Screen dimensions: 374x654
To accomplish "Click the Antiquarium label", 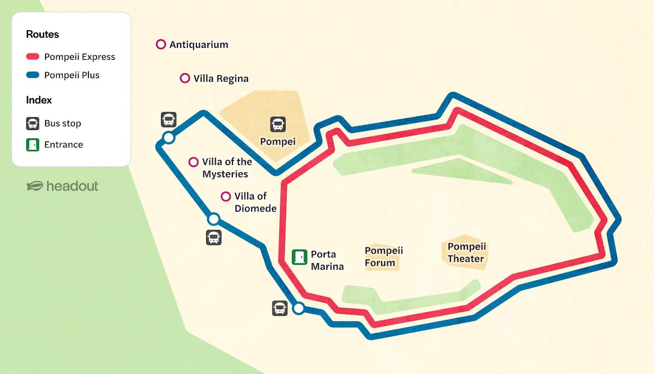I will tap(199, 45).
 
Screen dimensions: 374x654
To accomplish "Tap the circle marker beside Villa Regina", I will tap(185, 78).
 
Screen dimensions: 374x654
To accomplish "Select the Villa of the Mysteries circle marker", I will tap(194, 162).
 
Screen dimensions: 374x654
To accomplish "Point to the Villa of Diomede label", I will tap(255, 202).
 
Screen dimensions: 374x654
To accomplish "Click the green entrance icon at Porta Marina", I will tap(299, 257).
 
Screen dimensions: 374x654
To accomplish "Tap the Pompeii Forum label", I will tap(383, 257).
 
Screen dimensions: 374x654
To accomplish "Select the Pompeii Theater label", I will tap(466, 253).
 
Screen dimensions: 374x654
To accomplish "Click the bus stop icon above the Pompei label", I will tap(278, 124).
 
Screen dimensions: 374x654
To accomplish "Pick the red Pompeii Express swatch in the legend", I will tap(33, 57).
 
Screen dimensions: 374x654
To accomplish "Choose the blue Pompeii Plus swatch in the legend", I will tap(33, 75).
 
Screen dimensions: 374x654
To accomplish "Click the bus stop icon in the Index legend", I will tap(33, 123).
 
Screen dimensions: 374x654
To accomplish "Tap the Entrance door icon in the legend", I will tap(33, 144).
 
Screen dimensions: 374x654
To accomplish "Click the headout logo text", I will tap(72, 186).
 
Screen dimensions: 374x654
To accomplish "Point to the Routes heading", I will tap(43, 34).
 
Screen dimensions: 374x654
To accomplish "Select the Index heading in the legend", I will tap(39, 100).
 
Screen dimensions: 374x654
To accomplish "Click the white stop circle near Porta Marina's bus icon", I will tap(299, 308).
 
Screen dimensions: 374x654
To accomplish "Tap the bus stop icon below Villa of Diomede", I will tap(214, 238).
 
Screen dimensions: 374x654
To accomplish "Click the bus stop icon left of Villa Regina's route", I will tap(169, 120).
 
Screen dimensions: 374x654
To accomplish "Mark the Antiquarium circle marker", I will tap(161, 44).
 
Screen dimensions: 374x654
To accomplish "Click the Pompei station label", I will tap(278, 142).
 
